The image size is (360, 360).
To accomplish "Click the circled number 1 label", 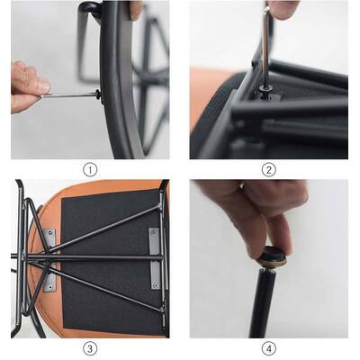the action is click(x=90, y=170).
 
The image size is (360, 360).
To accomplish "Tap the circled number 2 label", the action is click(x=268, y=170).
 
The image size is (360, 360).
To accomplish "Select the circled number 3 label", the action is click(x=90, y=349).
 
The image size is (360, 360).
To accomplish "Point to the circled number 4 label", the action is click(x=268, y=349).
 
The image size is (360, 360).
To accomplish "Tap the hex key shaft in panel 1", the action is click(x=69, y=95).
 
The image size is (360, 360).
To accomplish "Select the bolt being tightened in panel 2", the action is click(x=265, y=90).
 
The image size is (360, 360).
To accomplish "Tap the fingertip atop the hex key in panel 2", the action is click(x=283, y=9).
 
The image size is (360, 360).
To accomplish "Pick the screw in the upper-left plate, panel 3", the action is click(x=53, y=232).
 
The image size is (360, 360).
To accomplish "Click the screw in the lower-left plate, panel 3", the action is click(x=50, y=287).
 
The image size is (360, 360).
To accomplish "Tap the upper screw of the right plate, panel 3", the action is click(x=154, y=232).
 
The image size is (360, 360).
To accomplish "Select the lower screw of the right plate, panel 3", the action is click(x=156, y=284).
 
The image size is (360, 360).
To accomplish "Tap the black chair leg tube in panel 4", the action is click(x=264, y=303).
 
